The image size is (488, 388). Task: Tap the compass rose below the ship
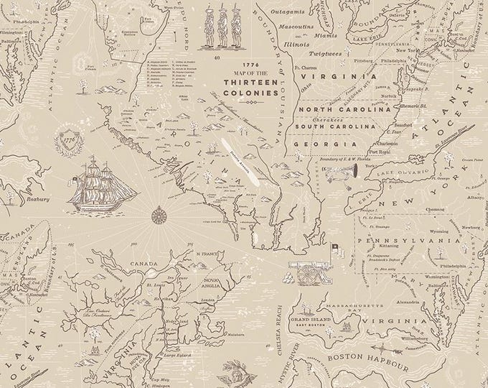(x=158, y=213)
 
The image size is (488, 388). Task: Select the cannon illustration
(x=306, y=271)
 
